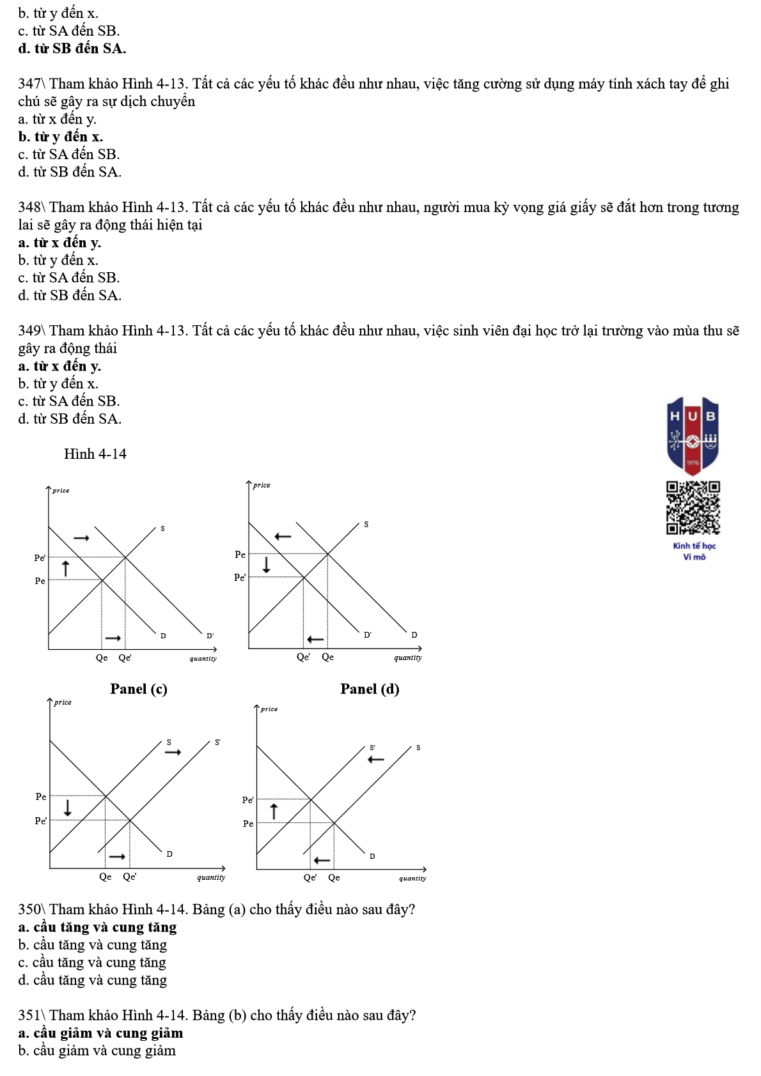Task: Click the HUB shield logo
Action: tap(693, 435)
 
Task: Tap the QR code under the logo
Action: tap(693, 507)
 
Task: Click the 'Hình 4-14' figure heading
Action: tap(95, 454)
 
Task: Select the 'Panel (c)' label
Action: tap(139, 689)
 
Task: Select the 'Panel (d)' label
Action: tap(370, 689)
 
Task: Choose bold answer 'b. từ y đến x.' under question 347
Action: tap(61, 137)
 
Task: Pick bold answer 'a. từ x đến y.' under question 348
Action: tap(59, 243)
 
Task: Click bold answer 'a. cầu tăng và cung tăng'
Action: tap(97, 927)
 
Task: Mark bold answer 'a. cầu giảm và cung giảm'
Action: tap(100, 1033)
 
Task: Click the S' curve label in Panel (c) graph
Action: tap(217, 742)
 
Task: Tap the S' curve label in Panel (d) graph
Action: tap(372, 747)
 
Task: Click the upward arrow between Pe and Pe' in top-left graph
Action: tap(65, 567)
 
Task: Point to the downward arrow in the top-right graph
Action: tap(267, 564)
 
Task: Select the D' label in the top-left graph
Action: tap(210, 636)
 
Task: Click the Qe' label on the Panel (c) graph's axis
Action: tap(129, 877)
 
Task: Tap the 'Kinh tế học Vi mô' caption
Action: tap(694, 551)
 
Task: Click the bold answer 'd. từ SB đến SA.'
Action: tap(72, 49)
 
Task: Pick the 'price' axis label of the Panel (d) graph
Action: tap(269, 709)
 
